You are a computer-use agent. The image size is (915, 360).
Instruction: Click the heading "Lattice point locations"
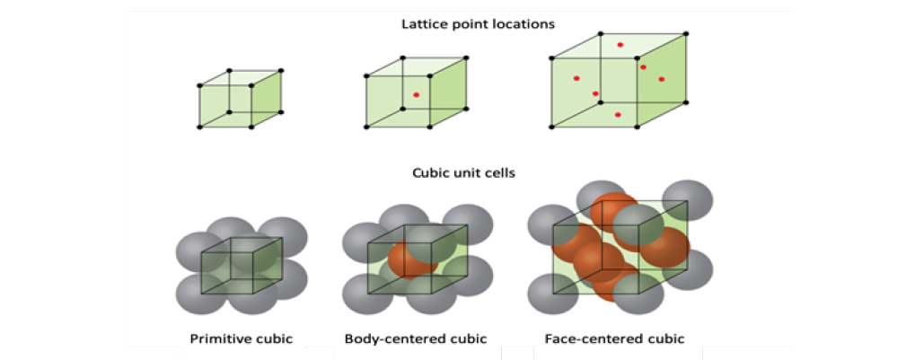pyautogui.click(x=478, y=24)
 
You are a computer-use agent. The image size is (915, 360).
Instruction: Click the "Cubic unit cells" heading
pyautogui.click(x=463, y=173)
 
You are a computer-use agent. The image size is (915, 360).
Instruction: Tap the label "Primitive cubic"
pyautogui.click(x=241, y=338)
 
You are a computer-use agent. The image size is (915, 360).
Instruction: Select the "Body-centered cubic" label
pyautogui.click(x=416, y=338)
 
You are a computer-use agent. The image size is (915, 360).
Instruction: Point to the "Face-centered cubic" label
pyautogui.click(x=614, y=338)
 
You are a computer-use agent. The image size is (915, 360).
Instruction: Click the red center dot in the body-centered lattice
pyautogui.click(x=416, y=94)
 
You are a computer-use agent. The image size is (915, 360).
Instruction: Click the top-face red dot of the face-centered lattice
pyautogui.click(x=620, y=45)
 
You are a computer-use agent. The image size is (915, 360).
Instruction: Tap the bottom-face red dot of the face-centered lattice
pyautogui.click(x=618, y=115)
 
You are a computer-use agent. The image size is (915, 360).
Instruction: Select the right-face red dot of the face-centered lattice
pyautogui.click(x=661, y=79)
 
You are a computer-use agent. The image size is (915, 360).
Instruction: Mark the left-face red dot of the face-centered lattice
pyautogui.click(x=576, y=78)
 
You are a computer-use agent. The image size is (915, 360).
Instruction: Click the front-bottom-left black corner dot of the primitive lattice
pyautogui.click(x=199, y=127)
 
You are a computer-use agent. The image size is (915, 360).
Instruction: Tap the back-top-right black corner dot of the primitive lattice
pyautogui.click(x=281, y=71)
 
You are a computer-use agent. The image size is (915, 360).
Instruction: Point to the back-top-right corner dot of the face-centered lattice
pyautogui.click(x=686, y=33)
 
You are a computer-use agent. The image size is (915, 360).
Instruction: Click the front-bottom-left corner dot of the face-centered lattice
pyautogui.click(x=551, y=127)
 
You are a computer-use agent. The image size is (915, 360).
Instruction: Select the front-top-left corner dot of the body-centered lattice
pyautogui.click(x=366, y=75)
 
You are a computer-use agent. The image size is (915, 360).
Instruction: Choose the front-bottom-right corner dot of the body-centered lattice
pyautogui.click(x=430, y=127)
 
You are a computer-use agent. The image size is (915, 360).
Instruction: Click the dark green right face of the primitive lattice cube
pyautogui.click(x=267, y=99)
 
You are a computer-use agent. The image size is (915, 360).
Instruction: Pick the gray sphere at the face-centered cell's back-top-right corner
pyautogui.click(x=688, y=200)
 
